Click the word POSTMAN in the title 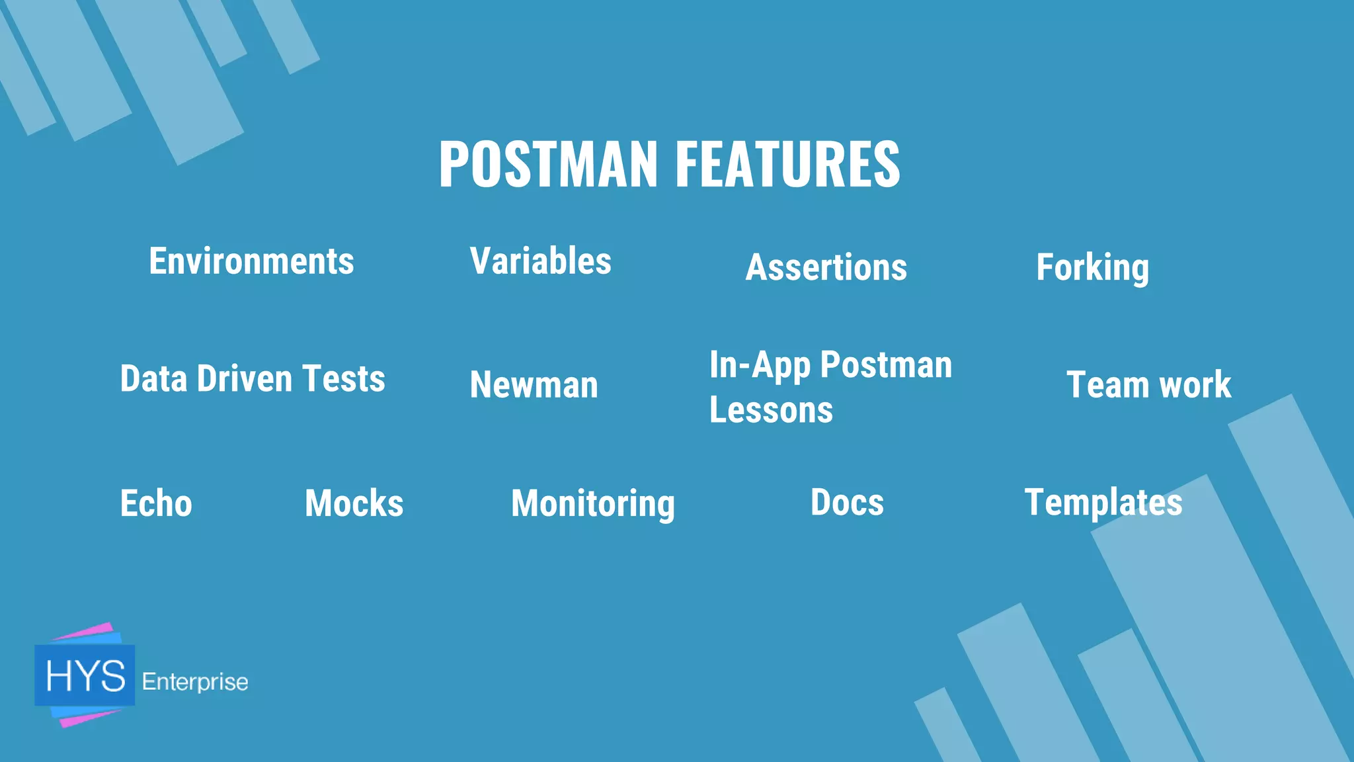[x=548, y=164]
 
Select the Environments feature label [x=251, y=261]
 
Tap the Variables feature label [x=540, y=261]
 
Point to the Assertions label [x=826, y=268]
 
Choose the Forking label [x=1092, y=268]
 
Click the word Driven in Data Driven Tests [x=244, y=379]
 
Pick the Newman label [x=534, y=385]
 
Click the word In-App [x=760, y=365]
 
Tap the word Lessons [x=771, y=410]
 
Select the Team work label [x=1148, y=385]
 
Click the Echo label [x=156, y=503]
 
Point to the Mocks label [x=354, y=503]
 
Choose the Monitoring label [x=593, y=504]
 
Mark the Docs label [x=847, y=502]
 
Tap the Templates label [x=1103, y=503]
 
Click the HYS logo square [x=85, y=675]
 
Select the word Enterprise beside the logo [x=195, y=682]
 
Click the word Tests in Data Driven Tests [x=343, y=379]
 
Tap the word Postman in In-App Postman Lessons [x=886, y=365]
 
